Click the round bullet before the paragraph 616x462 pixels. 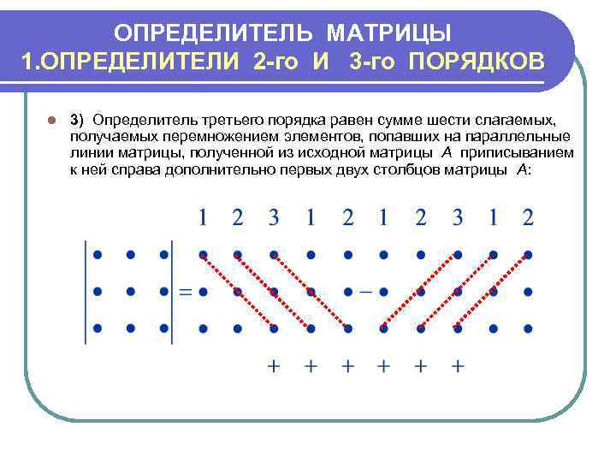pyautogui.click(x=51, y=120)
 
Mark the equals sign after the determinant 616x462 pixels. pyautogui.click(x=185, y=292)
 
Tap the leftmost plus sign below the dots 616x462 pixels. pyautogui.click(x=274, y=366)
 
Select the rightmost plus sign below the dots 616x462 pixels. pyautogui.click(x=458, y=366)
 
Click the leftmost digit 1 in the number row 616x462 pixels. pyautogui.click(x=203, y=217)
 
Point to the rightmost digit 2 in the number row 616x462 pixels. pyautogui.click(x=529, y=217)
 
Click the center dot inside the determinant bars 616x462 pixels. pyautogui.click(x=130, y=292)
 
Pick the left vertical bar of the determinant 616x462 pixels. pyautogui.click(x=86, y=292)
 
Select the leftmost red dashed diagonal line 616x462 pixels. pyautogui.click(x=238, y=291)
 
